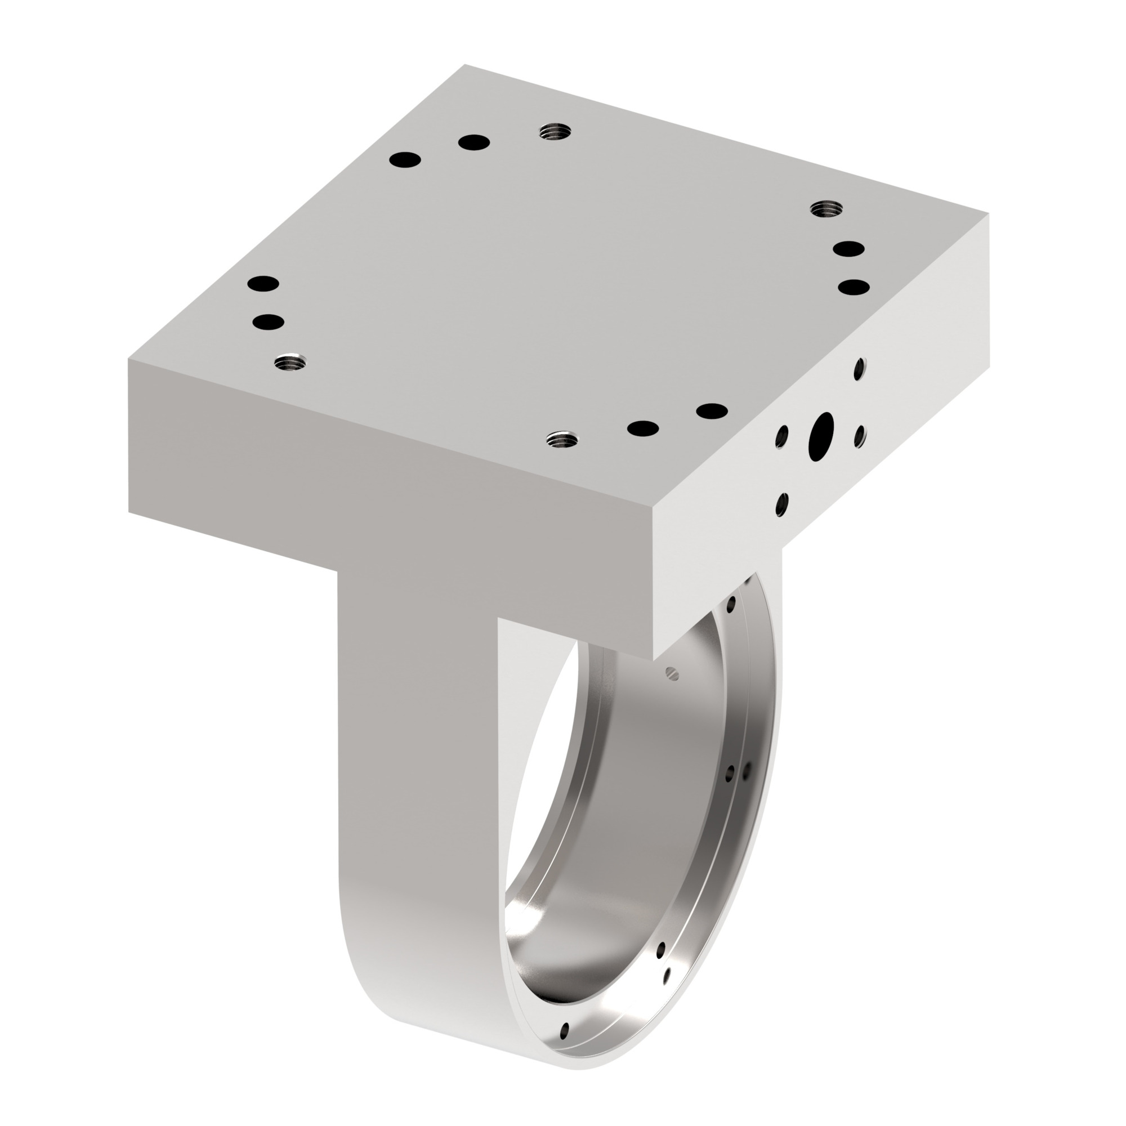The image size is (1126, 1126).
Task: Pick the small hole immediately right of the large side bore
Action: pos(859,435)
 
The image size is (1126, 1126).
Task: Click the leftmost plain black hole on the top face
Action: pos(262,283)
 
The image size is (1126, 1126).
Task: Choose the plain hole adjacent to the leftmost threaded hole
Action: pos(268,321)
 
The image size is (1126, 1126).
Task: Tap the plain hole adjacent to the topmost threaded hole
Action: pos(473,142)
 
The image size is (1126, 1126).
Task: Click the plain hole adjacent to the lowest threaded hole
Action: pos(643,428)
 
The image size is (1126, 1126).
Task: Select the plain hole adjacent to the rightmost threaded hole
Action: pos(848,249)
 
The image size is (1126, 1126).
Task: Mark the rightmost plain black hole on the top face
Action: pos(854,287)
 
